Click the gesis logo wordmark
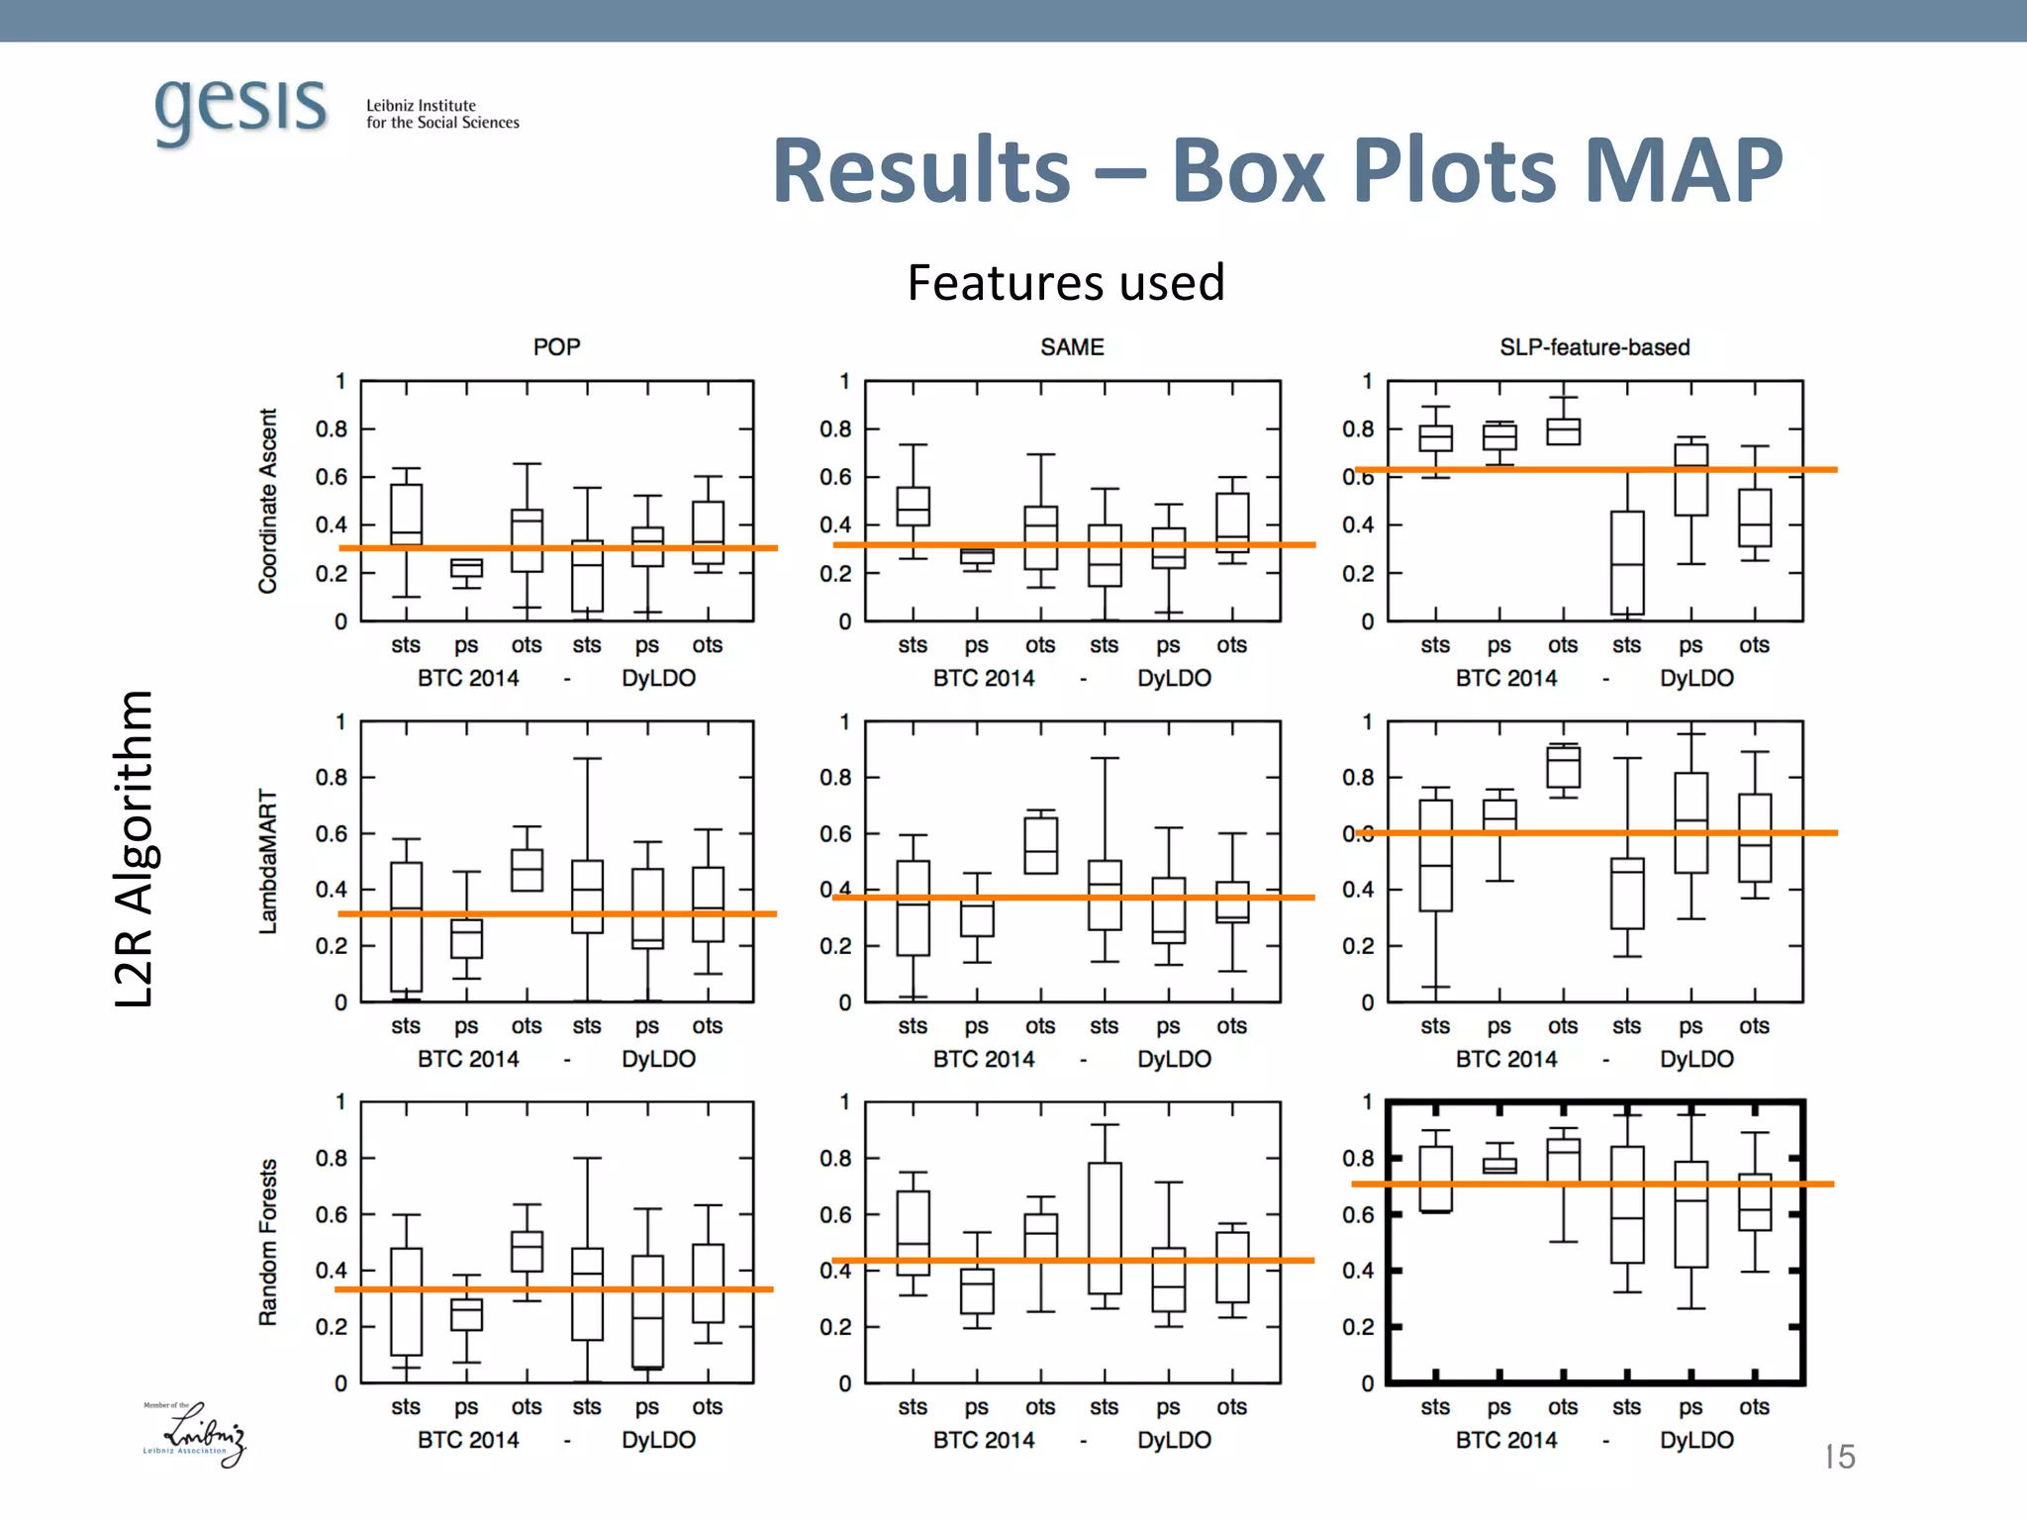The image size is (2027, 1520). [241, 107]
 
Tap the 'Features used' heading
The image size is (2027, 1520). [1066, 283]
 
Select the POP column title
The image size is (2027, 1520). [556, 347]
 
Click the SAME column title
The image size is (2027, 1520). [1072, 347]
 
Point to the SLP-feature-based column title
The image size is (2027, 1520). [1593, 347]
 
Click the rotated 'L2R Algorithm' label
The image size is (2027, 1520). [134, 848]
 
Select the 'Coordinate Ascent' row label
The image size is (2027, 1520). [268, 501]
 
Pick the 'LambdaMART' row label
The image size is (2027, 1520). [268, 861]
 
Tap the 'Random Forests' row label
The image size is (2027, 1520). [268, 1242]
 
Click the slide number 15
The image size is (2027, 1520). [1839, 1457]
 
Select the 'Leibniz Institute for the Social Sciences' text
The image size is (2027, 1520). [441, 114]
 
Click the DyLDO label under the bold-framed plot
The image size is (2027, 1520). [1696, 1440]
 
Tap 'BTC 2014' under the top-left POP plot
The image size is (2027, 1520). [468, 679]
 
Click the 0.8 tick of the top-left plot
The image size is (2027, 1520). [332, 429]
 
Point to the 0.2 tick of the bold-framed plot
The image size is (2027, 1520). [1358, 1327]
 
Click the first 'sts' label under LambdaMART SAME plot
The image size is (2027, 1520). [913, 1026]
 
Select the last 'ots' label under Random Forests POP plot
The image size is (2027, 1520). [707, 1406]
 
